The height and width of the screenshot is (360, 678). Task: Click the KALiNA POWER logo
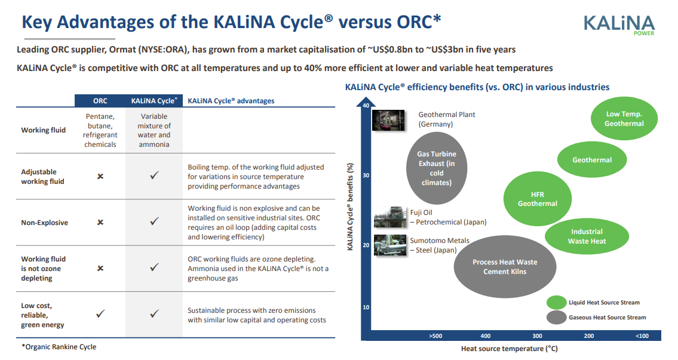tap(619, 25)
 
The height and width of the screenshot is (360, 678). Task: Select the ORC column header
tap(100, 101)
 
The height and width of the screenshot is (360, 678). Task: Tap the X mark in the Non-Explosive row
tap(100, 222)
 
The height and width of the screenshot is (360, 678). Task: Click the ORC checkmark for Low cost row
tap(100, 313)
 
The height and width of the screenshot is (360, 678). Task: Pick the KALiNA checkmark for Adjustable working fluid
tap(154, 175)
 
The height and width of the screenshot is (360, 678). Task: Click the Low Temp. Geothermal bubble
tap(624, 118)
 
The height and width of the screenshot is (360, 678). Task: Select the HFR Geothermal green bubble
tap(538, 199)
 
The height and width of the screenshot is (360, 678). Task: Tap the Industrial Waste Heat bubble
tap(587, 236)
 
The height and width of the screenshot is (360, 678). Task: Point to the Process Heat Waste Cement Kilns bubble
tap(505, 267)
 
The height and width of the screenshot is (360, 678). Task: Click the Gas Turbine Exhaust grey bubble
tap(437, 168)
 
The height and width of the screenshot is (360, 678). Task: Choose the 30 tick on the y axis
tap(366, 176)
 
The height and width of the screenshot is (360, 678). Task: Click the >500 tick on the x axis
tap(435, 336)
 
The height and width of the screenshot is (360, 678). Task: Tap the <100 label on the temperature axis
tap(642, 336)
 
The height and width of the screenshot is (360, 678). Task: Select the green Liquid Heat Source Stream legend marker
tap(557, 303)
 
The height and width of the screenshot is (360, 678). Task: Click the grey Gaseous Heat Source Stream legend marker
tap(557, 317)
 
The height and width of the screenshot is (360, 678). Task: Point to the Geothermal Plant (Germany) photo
tap(388, 120)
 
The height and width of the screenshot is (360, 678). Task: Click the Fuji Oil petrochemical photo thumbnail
tap(390, 217)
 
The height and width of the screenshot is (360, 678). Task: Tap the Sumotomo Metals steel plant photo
tap(390, 245)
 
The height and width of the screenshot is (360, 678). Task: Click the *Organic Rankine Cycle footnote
tap(59, 347)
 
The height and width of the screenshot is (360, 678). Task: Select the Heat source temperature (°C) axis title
tap(509, 348)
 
